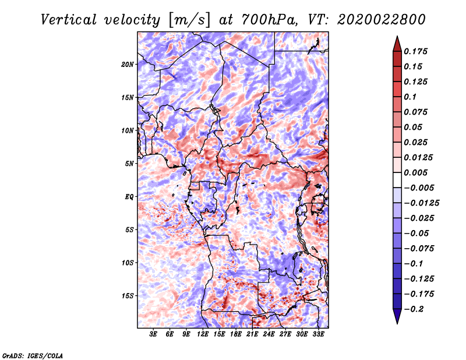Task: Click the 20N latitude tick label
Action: click(128, 65)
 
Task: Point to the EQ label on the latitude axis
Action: click(129, 197)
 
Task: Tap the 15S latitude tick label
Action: click(128, 296)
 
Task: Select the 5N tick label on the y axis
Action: click(129, 164)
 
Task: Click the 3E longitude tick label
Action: click(153, 334)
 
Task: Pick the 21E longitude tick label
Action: click(252, 334)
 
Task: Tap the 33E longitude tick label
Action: click(318, 334)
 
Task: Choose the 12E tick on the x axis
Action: click(203, 334)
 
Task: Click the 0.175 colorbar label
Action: click(415, 52)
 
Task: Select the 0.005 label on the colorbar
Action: click(415, 172)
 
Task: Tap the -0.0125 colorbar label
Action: click(421, 203)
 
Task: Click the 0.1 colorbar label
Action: click(410, 97)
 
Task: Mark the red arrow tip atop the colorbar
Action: click(397, 36)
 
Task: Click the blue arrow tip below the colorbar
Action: click(397, 323)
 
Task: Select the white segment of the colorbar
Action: click(397, 180)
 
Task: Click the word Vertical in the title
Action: click(69, 20)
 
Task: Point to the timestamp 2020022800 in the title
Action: click(382, 20)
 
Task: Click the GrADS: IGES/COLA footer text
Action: click(33, 355)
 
